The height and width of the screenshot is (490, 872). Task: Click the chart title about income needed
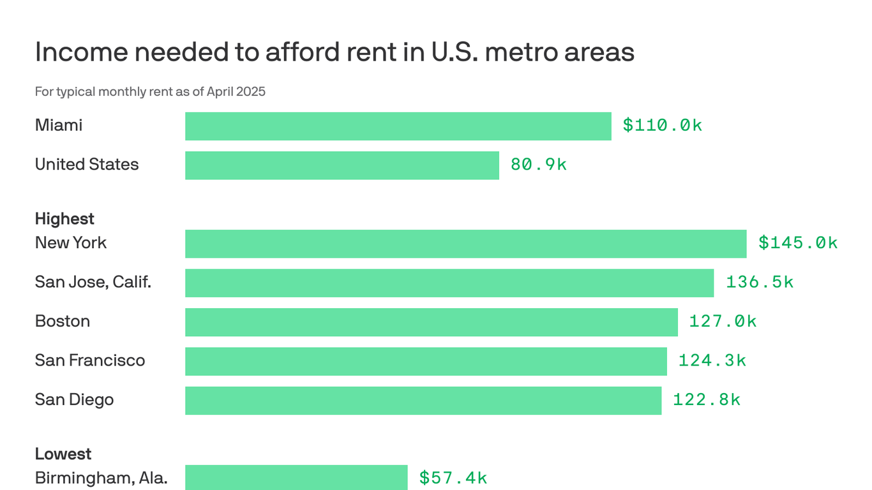tap(335, 52)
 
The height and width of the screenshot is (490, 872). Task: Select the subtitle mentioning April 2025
tap(150, 92)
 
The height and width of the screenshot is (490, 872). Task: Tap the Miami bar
tap(398, 126)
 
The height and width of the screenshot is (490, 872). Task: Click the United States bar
tap(342, 165)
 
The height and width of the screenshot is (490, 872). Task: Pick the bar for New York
tap(465, 244)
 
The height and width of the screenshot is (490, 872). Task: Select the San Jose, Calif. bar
tap(449, 283)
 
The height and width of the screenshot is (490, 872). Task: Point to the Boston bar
tap(431, 322)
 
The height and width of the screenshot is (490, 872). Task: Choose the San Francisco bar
tap(426, 361)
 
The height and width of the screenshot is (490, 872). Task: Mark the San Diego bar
tap(423, 401)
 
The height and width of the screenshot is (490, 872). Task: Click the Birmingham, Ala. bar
tap(296, 477)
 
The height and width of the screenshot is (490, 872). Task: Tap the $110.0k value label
tap(662, 126)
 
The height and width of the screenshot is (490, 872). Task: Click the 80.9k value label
tap(538, 165)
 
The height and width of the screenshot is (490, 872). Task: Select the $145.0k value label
tap(797, 243)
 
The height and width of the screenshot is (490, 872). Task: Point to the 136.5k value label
tap(759, 283)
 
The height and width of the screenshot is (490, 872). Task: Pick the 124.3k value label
tap(712, 361)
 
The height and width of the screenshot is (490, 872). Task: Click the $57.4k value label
tap(453, 478)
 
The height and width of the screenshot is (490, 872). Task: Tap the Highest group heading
tap(64, 219)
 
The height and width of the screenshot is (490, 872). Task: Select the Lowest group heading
tap(63, 454)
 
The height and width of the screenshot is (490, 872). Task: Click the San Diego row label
tap(74, 400)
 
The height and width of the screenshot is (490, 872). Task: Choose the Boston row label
tap(62, 322)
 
